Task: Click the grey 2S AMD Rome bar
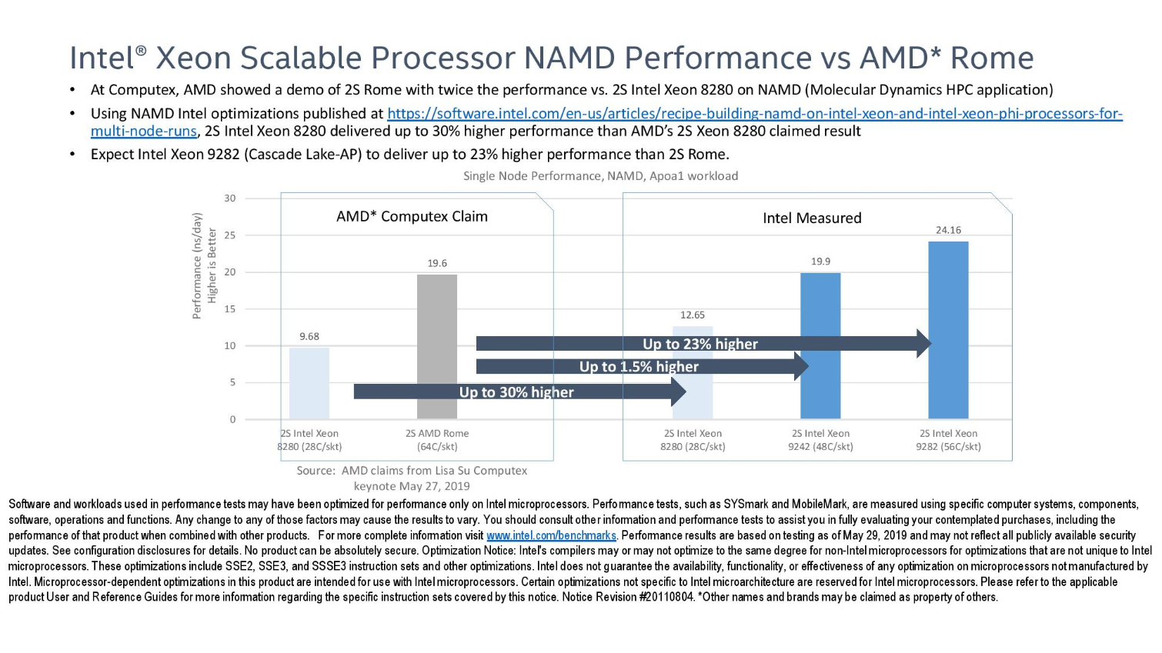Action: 436,323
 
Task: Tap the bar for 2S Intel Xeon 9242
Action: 820,323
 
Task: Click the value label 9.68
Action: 309,336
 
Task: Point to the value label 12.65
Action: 692,315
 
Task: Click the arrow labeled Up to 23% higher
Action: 700,344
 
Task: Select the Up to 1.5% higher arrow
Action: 639,366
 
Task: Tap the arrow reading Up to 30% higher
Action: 516,392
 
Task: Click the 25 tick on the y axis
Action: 230,235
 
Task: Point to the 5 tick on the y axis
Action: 232,382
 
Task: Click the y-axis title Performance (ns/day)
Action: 197,266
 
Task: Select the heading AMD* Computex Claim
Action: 412,216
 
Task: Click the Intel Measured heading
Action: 812,218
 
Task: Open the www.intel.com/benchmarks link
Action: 551,535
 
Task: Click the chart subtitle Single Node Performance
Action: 600,176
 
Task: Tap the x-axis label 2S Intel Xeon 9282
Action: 948,440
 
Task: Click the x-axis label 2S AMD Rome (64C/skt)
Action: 436,440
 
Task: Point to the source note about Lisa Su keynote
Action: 412,478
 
